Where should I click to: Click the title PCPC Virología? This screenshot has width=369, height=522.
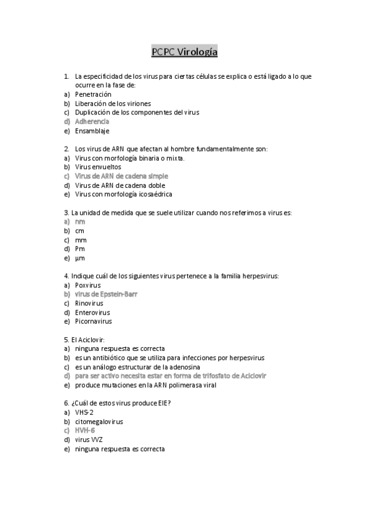[x=184, y=52]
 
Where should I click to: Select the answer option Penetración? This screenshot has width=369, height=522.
[x=93, y=94]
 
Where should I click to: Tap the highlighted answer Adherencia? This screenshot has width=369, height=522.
[x=92, y=122]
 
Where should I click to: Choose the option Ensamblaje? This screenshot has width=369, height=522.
[x=92, y=131]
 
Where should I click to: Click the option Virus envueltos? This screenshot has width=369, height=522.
[x=98, y=167]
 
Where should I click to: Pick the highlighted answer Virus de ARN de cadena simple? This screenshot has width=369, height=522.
[x=121, y=176]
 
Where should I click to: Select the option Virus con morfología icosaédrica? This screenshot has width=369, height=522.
[x=123, y=194]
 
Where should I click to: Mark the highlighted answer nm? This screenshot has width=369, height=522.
[x=79, y=221]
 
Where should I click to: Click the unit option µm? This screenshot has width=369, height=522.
[x=79, y=258]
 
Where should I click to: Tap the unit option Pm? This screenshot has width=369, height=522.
[x=79, y=249]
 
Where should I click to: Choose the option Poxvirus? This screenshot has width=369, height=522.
[x=88, y=285]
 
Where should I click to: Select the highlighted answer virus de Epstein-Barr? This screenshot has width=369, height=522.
[x=106, y=294]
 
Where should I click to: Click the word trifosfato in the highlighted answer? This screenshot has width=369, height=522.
[x=208, y=375]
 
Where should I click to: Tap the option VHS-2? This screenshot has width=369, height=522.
[x=84, y=412]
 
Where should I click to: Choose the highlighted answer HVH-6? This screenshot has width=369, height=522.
[x=85, y=430]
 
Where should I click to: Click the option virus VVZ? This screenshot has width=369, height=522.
[x=89, y=440]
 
